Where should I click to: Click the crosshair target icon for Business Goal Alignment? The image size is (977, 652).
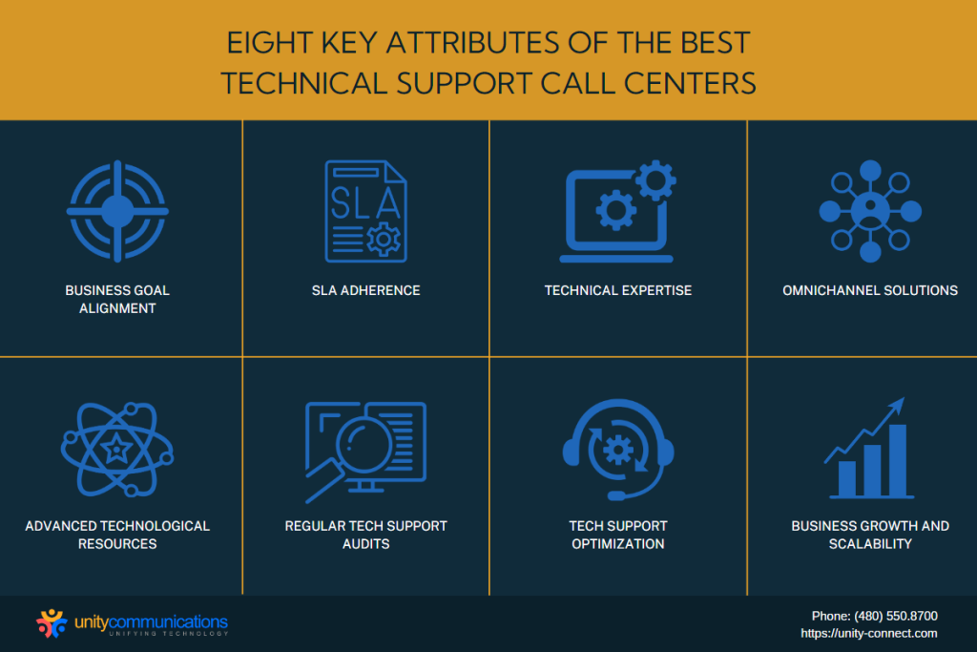pos(117,211)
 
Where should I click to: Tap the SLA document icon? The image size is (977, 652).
pos(365,211)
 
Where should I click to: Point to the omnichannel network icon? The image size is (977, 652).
pos(870,211)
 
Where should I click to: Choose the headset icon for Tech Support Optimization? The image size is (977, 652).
pos(618,450)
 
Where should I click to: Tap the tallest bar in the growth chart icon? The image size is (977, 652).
pos(897,460)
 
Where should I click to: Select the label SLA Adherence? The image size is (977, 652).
pos(365,290)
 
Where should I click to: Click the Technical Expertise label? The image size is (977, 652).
pos(618,290)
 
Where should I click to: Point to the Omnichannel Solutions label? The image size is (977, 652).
pos(870,290)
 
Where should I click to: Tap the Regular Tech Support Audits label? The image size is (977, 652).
pos(365,535)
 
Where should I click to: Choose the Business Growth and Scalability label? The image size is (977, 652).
pos(870,535)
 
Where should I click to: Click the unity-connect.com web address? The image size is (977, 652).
pos(869,633)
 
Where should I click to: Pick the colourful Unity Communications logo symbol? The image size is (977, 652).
pos(52,623)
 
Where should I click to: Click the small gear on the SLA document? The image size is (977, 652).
pos(384,238)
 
